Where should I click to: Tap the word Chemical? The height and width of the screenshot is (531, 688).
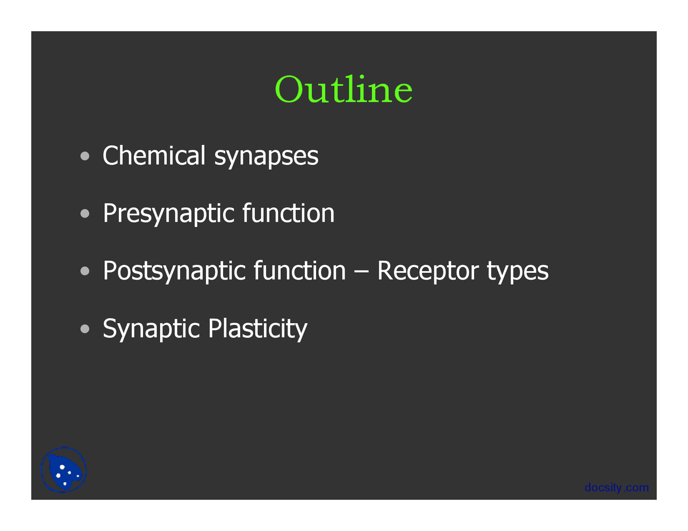[154, 156]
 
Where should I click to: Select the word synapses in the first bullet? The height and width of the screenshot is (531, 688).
[266, 157]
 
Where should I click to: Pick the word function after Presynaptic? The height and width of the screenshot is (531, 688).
[288, 213]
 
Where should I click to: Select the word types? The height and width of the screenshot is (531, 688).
[518, 272]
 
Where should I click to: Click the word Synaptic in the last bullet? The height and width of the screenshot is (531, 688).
[150, 329]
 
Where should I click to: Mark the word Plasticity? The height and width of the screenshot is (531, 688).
[257, 329]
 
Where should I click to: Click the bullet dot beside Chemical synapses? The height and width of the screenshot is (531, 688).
[85, 156]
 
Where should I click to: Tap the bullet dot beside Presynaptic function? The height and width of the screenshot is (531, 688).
[85, 214]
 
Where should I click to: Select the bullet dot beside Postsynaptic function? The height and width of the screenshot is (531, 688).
[85, 271]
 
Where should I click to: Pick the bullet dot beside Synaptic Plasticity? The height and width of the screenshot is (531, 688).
[85, 329]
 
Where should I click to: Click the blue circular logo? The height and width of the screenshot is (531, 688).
[63, 470]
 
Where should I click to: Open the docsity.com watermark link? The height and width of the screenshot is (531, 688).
[617, 488]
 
